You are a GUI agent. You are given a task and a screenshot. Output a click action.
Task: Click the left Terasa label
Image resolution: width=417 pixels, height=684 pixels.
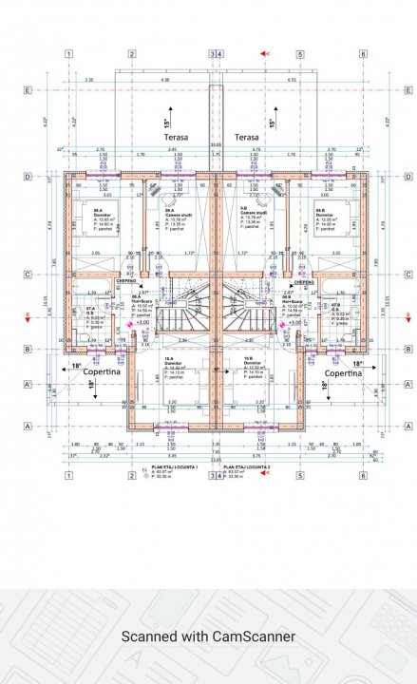click(x=176, y=138)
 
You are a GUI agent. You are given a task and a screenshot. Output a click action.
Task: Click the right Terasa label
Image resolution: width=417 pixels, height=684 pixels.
click(x=247, y=138)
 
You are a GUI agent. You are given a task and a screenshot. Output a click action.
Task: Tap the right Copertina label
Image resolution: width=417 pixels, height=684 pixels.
click(x=343, y=373)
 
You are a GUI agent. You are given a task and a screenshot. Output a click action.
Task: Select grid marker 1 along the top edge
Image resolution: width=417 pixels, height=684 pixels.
click(x=69, y=54)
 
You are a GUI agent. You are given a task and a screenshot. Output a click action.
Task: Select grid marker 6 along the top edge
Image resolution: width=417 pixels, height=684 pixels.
click(x=362, y=54)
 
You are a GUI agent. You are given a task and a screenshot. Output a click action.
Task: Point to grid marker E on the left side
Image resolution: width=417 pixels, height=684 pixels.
click(x=28, y=91)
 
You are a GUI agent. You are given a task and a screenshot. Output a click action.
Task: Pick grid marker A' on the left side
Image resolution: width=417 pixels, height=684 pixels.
click(x=28, y=385)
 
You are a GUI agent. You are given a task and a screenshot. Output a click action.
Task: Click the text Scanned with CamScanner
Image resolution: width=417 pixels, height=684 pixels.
click(x=208, y=636)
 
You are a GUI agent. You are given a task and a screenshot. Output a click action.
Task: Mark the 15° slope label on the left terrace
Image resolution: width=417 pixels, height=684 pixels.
click(x=167, y=123)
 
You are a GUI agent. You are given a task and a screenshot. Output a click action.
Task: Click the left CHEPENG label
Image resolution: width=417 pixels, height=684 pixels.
click(x=126, y=282)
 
